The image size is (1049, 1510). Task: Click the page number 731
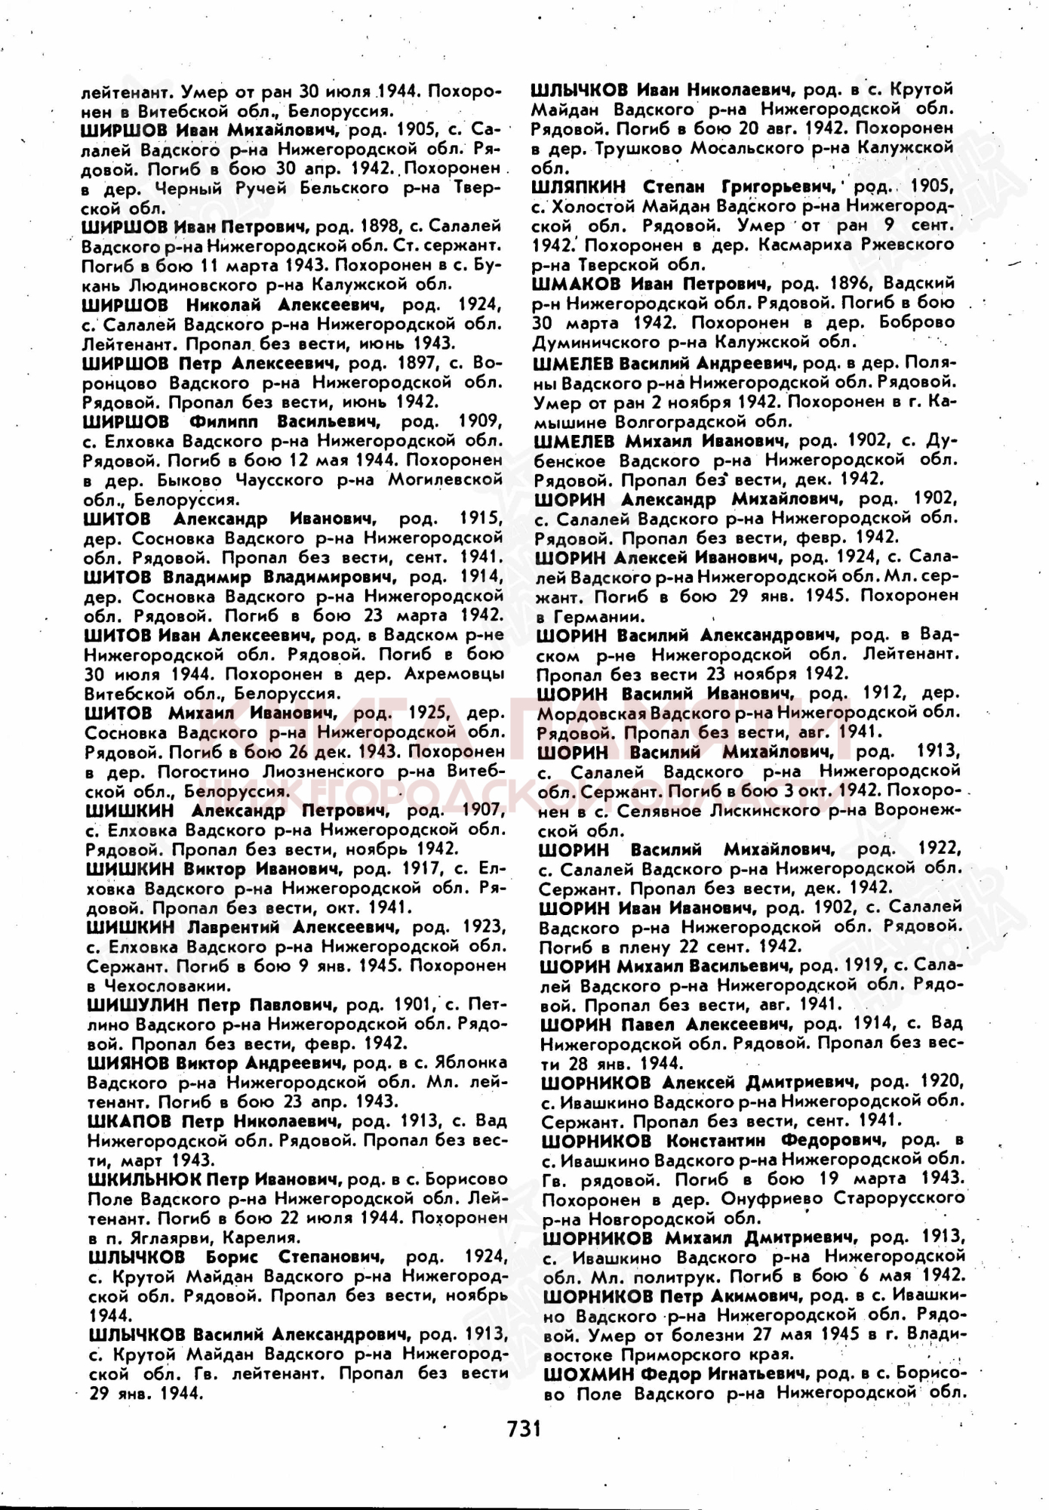point(524,1428)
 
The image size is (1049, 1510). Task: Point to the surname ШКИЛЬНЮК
point(145,1179)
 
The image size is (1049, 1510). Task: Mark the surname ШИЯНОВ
point(128,1063)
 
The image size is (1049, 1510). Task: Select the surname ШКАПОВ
point(129,1120)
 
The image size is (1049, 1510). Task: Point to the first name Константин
point(715,1140)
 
